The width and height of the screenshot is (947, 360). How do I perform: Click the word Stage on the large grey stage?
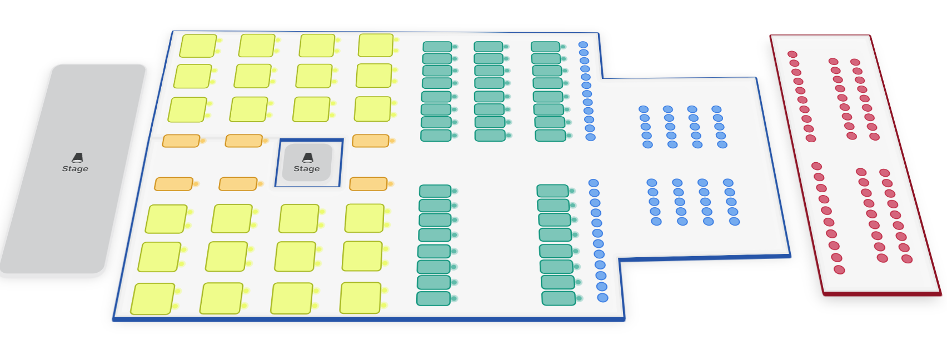coord(75,169)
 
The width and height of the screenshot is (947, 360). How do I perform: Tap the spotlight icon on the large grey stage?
coord(77,158)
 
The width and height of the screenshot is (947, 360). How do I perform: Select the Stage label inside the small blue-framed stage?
coord(307,169)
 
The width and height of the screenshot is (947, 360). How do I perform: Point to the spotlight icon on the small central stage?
coord(307,158)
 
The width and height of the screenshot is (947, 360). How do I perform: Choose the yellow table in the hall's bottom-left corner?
coord(153,299)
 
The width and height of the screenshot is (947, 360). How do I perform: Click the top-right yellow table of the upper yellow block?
coord(376,46)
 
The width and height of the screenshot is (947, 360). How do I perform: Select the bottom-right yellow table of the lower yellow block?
coord(360,298)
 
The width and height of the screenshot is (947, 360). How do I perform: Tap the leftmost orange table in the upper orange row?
coord(181,141)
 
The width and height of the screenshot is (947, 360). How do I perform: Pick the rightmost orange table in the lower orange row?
coord(368,184)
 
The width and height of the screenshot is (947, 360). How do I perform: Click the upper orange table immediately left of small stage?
coord(243,141)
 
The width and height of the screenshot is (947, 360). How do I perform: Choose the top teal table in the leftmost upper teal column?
coord(437,47)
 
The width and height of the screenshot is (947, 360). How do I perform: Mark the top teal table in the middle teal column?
coord(489,47)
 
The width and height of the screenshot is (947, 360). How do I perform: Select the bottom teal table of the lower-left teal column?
coord(433,299)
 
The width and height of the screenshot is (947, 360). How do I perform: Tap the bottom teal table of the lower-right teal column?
coord(559,298)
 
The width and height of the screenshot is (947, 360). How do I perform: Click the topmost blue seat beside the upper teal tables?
coord(583,45)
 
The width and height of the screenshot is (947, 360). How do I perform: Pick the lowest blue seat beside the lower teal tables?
coord(602,298)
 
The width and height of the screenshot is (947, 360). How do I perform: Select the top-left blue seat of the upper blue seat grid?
coord(644,109)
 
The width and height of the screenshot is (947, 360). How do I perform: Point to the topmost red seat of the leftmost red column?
coord(793,54)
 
